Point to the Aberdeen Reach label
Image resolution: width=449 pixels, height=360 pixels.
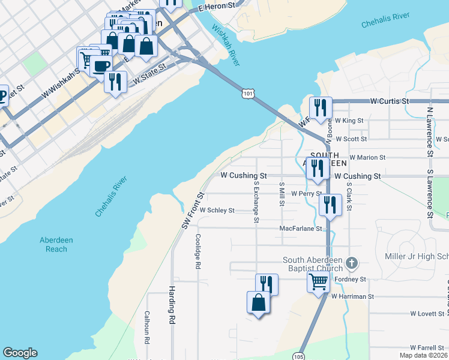click(x=56, y=244)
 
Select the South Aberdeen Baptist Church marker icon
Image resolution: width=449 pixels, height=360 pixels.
click(x=352, y=263)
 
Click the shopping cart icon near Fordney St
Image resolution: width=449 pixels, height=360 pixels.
click(x=318, y=281)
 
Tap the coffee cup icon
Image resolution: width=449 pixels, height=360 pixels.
click(x=101, y=65)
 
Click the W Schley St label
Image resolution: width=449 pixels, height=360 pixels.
click(x=217, y=211)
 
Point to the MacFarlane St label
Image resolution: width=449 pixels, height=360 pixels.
click(x=301, y=229)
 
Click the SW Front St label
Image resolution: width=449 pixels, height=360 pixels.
click(x=193, y=210)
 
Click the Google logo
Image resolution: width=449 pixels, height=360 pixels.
click(x=20, y=353)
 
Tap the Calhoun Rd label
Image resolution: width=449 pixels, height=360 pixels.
click(x=146, y=327)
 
